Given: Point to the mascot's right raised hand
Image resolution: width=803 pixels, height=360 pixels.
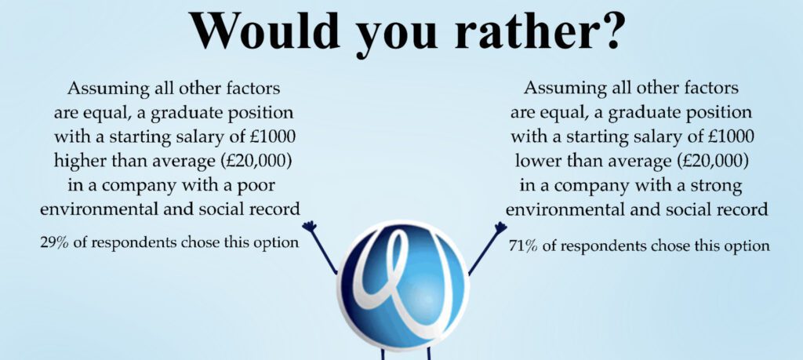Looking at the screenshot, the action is click(x=500, y=227).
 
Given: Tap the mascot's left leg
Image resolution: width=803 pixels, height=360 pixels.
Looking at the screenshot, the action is click(x=382, y=354).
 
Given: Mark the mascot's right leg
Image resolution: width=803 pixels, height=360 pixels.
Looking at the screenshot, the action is click(x=429, y=354).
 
